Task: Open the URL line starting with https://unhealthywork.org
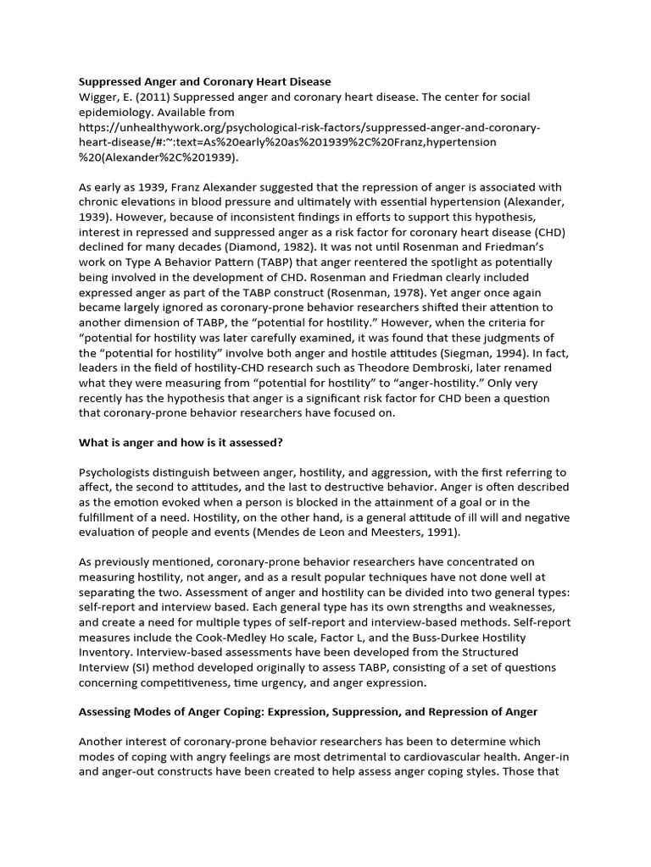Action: pyautogui.click(x=309, y=128)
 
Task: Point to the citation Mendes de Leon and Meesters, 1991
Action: pyautogui.click(x=370, y=533)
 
